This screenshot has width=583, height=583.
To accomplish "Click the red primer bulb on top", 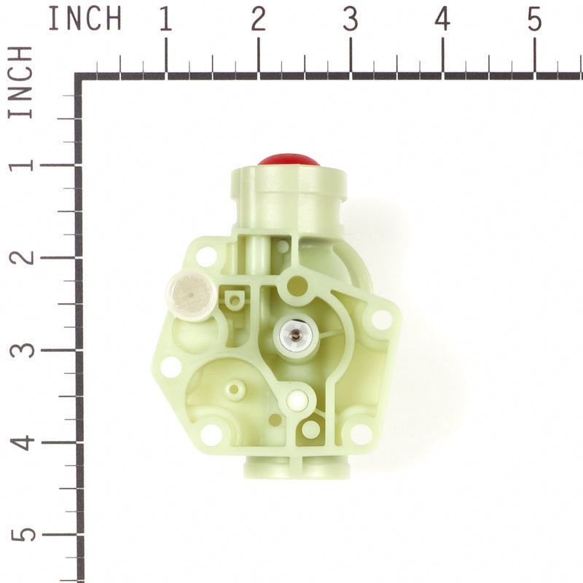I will tap(289, 159).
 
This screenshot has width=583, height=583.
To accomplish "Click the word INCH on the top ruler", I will tap(85, 20).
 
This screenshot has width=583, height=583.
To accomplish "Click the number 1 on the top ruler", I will tap(165, 20).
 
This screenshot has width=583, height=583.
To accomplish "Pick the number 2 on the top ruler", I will tap(258, 20).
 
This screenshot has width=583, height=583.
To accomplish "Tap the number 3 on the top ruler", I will tap(351, 20).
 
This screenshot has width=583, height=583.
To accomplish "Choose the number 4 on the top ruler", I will tap(442, 20).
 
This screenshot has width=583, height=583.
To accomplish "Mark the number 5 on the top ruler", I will tap(535, 20).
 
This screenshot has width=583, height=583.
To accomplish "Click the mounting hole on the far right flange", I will tap(381, 319).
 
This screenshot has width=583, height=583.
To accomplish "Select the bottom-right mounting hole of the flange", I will tap(360, 434).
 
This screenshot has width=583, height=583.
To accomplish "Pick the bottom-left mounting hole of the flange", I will tap(211, 434).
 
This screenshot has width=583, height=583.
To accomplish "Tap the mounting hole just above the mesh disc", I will tap(206, 256).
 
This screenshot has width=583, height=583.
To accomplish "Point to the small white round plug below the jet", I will tap(296, 399).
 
